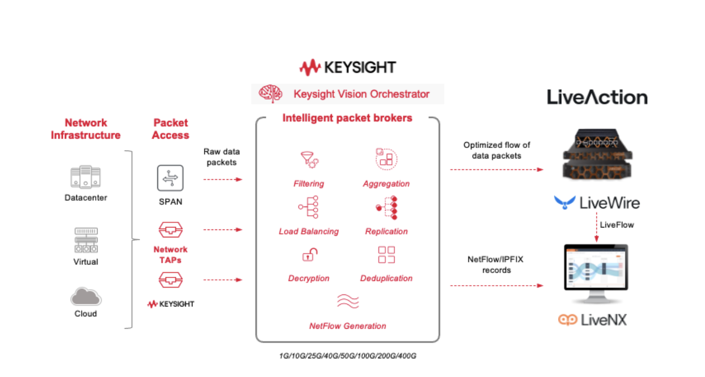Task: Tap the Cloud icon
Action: point(86,297)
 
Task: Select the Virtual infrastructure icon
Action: point(86,240)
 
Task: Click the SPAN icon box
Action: point(170,178)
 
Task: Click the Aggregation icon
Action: point(386,159)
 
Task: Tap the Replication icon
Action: point(386,208)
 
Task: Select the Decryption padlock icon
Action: point(309,255)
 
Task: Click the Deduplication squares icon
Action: point(386,255)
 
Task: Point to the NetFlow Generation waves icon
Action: point(347,302)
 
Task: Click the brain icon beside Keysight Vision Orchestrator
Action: point(271,94)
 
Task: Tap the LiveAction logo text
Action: point(597,97)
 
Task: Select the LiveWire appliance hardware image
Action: point(596,155)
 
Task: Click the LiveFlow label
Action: point(617,225)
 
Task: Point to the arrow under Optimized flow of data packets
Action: point(497,170)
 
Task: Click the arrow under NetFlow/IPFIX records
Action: point(497,286)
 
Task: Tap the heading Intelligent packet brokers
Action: point(347,118)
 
